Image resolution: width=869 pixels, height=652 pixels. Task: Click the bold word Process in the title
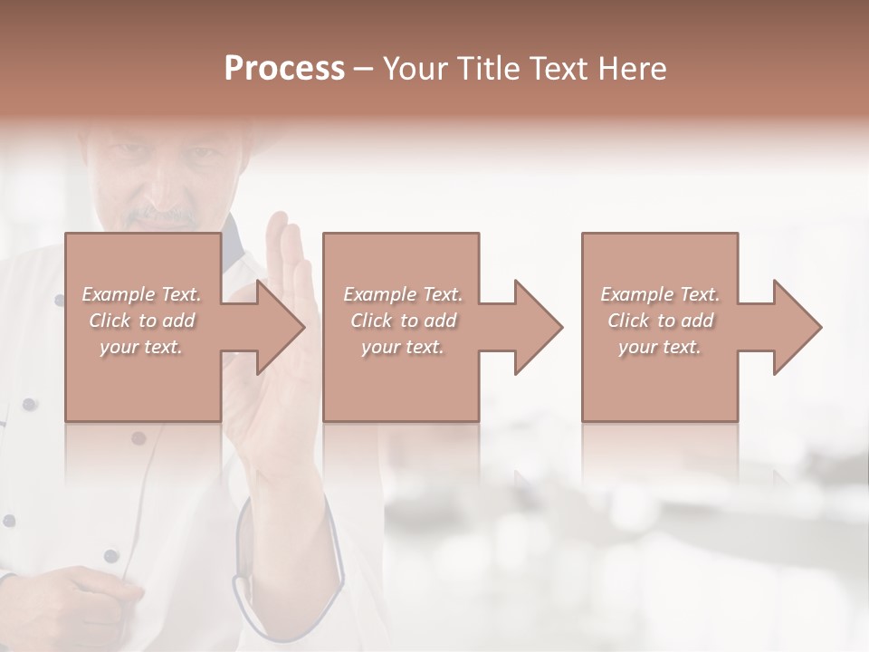[x=284, y=69]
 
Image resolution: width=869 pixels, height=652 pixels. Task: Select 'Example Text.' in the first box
[x=141, y=294]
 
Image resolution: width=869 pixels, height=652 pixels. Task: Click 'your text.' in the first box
[x=141, y=347]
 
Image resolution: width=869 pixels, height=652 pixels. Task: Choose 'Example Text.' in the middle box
[x=403, y=294]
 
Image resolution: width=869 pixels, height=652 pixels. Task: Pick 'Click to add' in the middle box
[x=403, y=321]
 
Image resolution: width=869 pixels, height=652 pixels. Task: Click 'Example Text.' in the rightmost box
[x=660, y=294]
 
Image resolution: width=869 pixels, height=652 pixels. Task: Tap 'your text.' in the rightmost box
[x=660, y=347]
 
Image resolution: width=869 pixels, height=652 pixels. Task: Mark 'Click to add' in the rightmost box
[x=660, y=321]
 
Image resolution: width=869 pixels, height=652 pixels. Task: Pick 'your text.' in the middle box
[x=403, y=347]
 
